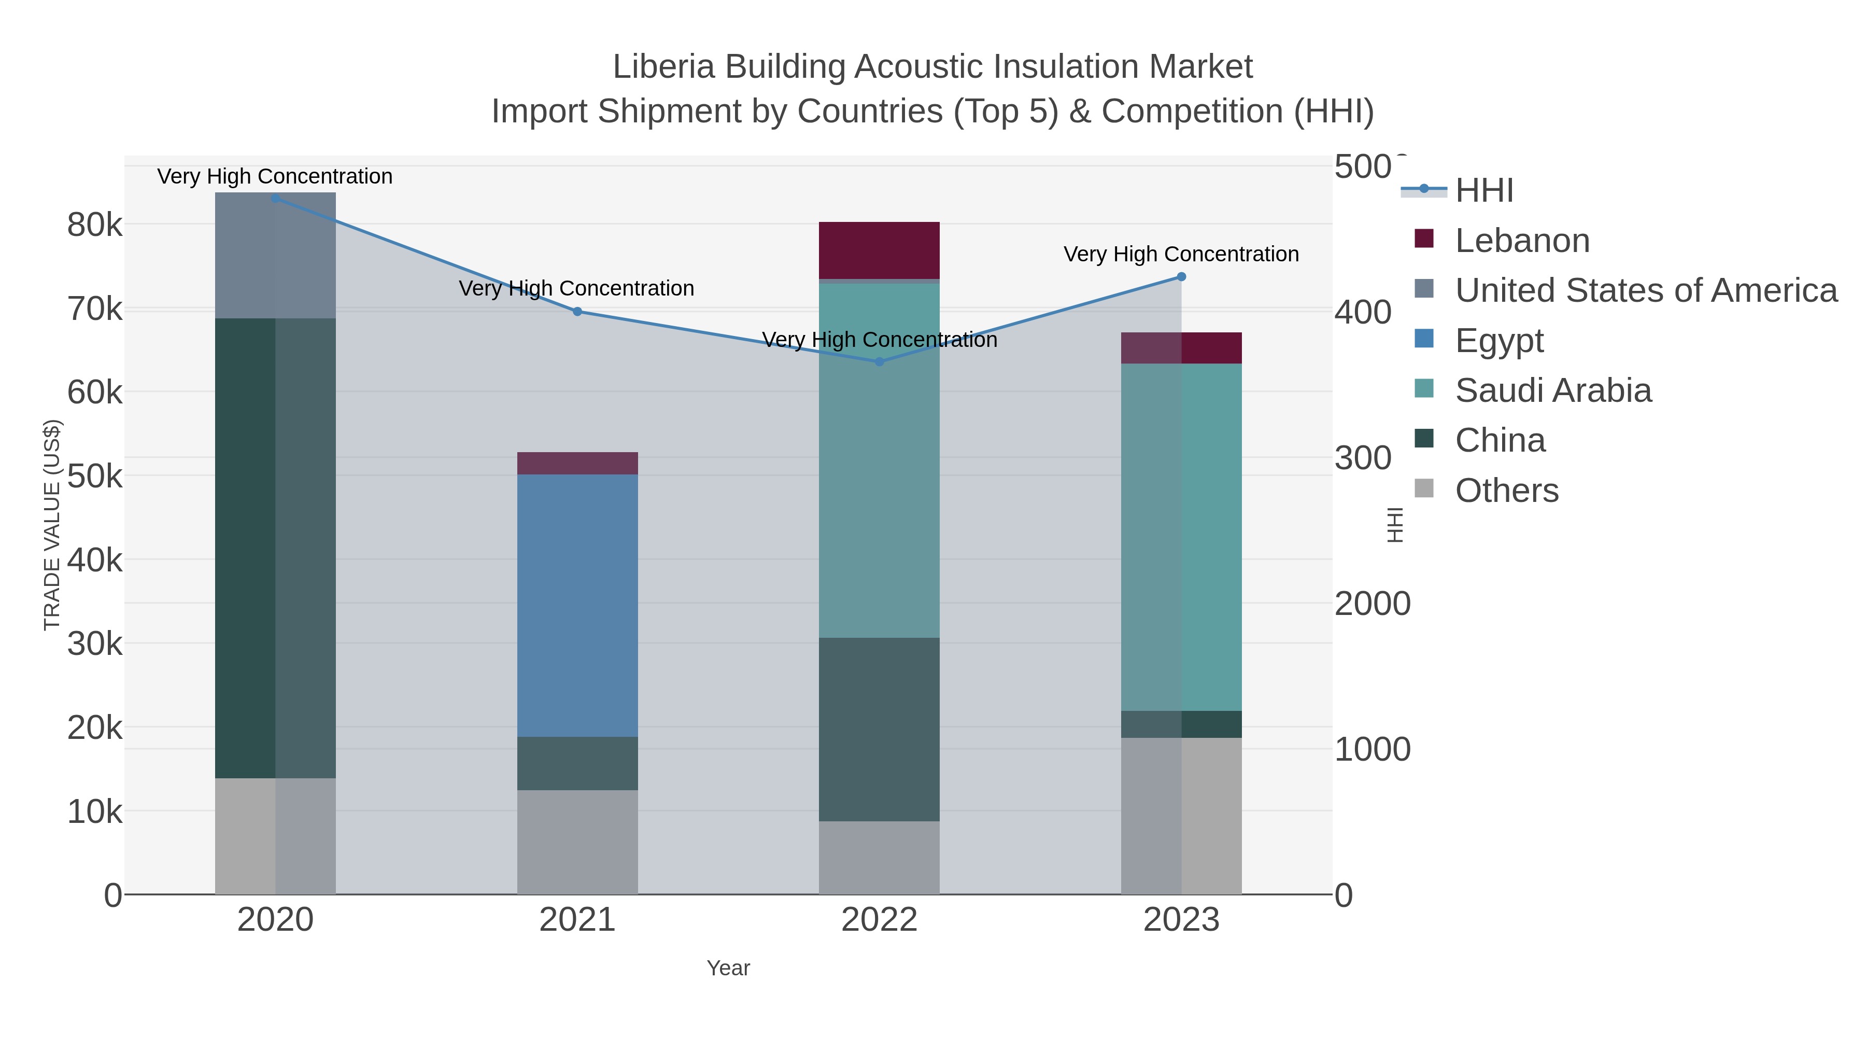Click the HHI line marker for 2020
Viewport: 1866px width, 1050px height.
pos(275,198)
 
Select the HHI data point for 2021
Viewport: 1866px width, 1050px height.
pos(577,312)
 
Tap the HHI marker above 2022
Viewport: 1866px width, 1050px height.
pos(880,361)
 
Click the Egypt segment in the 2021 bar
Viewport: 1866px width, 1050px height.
pos(577,605)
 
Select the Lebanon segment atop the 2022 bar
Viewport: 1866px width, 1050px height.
pos(880,250)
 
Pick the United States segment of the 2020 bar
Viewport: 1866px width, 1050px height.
pos(275,255)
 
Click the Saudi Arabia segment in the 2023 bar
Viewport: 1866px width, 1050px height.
pos(1181,536)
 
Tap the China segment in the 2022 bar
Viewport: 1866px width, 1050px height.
pos(880,729)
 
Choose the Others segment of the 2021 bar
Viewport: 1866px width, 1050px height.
pos(577,842)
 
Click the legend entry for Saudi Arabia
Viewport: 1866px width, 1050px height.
pos(1552,390)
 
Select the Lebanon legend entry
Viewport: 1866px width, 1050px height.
pos(1522,241)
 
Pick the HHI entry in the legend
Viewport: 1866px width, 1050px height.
pos(1483,191)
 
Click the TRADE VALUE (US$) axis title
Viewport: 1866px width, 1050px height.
pos(52,525)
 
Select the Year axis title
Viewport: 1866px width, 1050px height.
pos(728,968)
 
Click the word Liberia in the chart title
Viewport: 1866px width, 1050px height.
pos(665,67)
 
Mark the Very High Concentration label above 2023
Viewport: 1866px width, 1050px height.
pos(1181,255)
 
